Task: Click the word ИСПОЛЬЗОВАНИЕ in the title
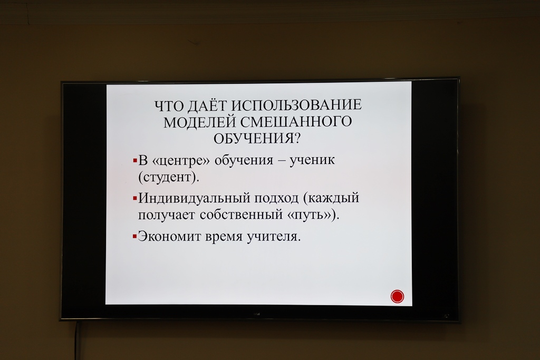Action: pos(296,105)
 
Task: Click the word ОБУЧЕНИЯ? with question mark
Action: pos(257,139)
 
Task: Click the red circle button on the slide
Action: pos(397,296)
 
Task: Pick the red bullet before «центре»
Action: pos(135,160)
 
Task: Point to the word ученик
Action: pos(312,160)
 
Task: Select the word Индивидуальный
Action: pos(194,198)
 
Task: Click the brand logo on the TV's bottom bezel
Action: pos(257,314)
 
